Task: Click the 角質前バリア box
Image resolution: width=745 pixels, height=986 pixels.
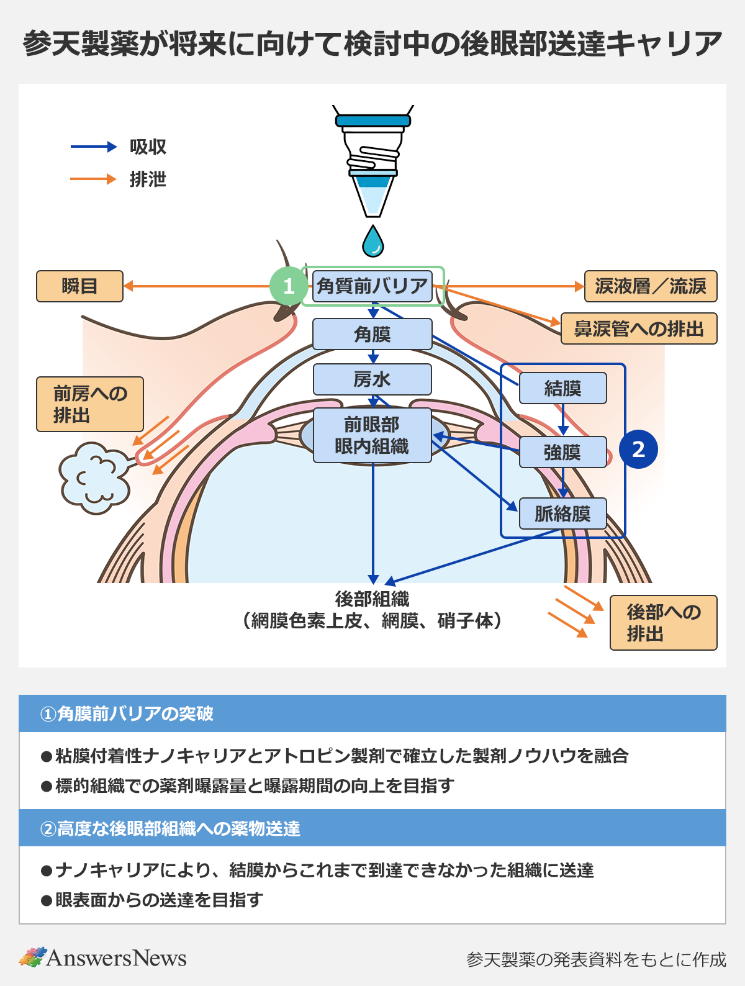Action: (372, 286)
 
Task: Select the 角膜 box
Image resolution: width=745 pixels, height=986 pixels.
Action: (372, 334)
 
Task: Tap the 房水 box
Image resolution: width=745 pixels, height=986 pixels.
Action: (372, 379)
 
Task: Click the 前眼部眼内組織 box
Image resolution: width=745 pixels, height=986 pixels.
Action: (372, 435)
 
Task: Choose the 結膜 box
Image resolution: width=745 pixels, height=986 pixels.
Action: (562, 389)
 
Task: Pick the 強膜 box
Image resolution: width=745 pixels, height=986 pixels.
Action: (562, 452)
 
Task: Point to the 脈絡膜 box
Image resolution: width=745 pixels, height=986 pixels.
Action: (562, 513)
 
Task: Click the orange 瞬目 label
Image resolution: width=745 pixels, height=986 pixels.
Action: (79, 286)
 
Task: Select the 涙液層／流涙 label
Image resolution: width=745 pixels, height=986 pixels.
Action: (650, 286)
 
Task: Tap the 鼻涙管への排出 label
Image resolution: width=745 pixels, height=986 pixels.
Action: (639, 328)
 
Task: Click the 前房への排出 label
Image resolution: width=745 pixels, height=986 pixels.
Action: (90, 404)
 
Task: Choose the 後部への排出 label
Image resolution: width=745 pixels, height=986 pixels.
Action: (663, 623)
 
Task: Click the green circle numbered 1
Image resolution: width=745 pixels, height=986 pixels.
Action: (288, 286)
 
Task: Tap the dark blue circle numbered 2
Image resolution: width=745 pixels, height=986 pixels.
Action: (638, 449)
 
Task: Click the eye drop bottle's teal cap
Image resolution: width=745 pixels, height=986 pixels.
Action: (372, 120)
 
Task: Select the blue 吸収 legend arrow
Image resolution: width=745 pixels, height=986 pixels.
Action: (94, 147)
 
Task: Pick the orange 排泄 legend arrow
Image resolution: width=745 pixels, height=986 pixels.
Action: (94, 179)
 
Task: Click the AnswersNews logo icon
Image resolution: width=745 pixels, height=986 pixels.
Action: (32, 957)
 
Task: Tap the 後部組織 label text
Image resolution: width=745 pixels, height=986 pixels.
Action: (372, 599)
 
